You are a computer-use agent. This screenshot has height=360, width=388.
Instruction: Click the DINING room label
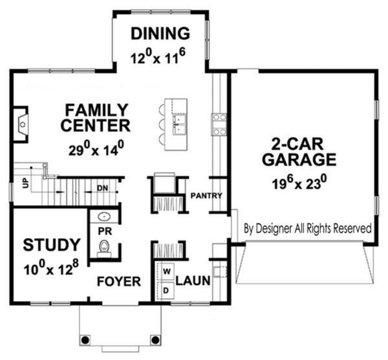point(160,34)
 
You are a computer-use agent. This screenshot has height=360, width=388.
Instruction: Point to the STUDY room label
point(52,244)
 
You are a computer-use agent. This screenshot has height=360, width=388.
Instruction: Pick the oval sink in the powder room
point(104,217)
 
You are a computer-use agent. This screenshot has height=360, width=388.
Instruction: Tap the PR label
point(105,231)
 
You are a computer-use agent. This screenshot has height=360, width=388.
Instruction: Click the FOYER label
point(119,281)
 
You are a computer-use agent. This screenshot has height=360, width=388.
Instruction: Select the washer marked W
point(166,271)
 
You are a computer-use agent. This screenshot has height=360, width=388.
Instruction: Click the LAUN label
point(193,281)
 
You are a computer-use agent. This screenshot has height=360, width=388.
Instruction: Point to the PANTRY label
point(206,196)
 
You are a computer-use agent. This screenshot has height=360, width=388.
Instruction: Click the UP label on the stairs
point(26,184)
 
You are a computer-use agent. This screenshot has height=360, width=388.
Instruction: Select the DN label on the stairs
point(102,189)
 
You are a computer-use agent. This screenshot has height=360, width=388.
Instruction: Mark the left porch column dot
point(85,339)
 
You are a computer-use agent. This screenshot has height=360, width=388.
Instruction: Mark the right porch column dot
point(155,339)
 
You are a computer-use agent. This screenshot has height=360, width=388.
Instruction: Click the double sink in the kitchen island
point(180,123)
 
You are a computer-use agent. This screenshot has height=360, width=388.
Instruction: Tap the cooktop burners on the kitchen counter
point(219,124)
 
